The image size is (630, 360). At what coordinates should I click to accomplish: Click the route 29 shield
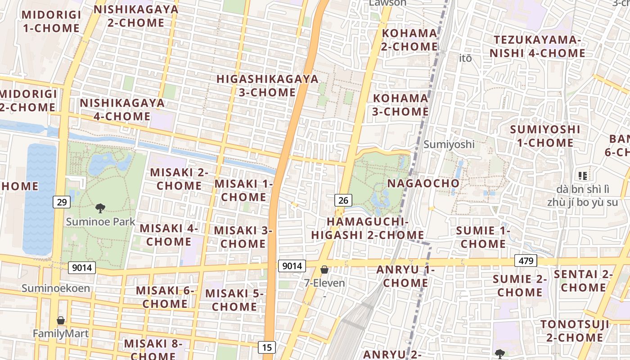pyautogui.click(x=62, y=202)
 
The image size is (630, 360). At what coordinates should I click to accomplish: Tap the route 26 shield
pyautogui.click(x=343, y=200)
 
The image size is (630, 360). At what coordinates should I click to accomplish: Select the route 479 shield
pyautogui.click(x=525, y=261)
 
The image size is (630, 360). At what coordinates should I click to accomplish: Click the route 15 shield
pyautogui.click(x=267, y=347)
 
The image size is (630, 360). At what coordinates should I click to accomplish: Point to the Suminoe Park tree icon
pyautogui.click(x=100, y=208)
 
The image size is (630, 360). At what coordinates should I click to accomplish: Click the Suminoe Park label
pyautogui.click(x=100, y=221)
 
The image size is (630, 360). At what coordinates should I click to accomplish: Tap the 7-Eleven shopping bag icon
pyautogui.click(x=324, y=270)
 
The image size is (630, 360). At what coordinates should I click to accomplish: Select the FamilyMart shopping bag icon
pyautogui.click(x=61, y=320)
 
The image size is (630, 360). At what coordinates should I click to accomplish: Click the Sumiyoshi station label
pyautogui.click(x=449, y=144)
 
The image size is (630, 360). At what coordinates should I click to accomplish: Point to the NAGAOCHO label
pyautogui.click(x=423, y=184)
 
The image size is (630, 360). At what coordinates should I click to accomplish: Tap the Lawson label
pyautogui.click(x=387, y=3)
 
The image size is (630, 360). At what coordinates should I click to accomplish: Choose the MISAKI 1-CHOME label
pyautogui.click(x=243, y=190)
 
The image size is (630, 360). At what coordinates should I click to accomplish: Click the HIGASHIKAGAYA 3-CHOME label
pyautogui.click(x=267, y=85)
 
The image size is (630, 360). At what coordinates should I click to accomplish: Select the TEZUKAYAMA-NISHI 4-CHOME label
pyautogui.click(x=537, y=46)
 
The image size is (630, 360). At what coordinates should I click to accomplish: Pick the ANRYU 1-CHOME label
pyautogui.click(x=405, y=276)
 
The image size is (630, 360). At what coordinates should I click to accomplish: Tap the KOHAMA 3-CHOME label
pyautogui.click(x=400, y=104)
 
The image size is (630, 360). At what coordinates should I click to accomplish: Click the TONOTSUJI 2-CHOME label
pyautogui.click(x=575, y=331)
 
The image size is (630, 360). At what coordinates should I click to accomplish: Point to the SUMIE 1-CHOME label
pyautogui.click(x=483, y=237)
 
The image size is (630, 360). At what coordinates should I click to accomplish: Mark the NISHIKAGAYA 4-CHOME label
pyautogui.click(x=122, y=109)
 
